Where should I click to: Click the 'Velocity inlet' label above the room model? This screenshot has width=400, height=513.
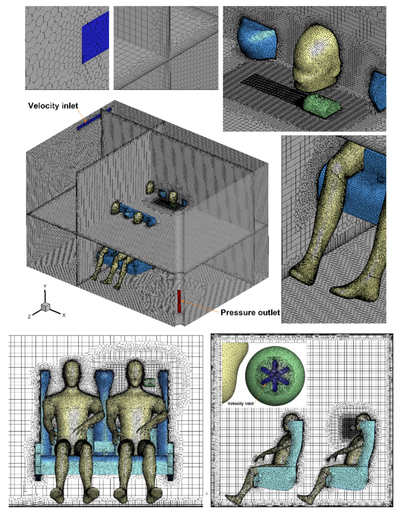point(53,106)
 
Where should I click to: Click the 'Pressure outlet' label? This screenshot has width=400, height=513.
point(250,313)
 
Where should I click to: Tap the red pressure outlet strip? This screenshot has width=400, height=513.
point(179,301)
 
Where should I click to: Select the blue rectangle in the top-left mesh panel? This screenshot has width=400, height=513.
point(95,37)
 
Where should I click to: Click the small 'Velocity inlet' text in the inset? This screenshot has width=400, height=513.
point(240,404)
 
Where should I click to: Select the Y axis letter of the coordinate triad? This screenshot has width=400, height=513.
point(45,286)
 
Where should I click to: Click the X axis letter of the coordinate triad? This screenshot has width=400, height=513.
point(64,315)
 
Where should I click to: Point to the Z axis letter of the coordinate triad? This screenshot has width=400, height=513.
point(29,317)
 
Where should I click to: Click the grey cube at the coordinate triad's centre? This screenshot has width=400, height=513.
point(45,307)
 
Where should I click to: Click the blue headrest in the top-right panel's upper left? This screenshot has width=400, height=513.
point(257,39)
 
